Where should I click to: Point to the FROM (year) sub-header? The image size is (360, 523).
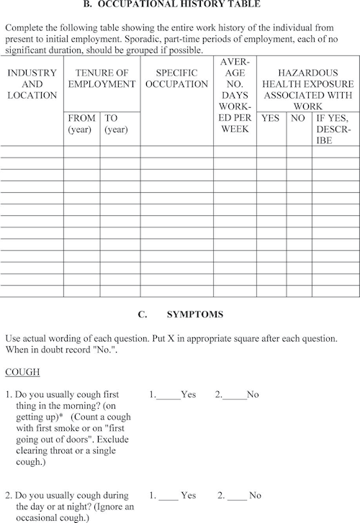(x=81, y=123)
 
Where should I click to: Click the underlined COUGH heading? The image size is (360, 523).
(x=22, y=372)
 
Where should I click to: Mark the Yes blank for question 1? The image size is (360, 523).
(x=168, y=395)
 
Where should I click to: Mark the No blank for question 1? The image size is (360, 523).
(x=233, y=395)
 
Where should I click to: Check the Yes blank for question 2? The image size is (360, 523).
(x=168, y=496)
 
